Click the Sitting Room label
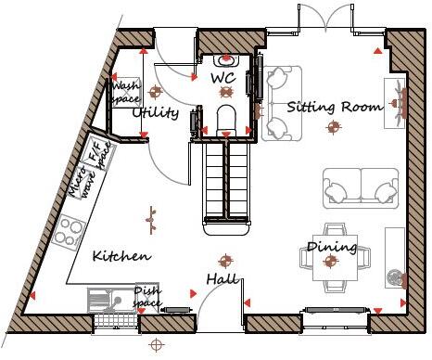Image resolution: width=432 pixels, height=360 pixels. [334, 107]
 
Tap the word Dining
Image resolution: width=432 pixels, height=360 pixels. [332, 247]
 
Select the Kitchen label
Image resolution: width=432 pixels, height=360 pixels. [121, 255]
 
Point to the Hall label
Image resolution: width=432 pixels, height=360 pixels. [222, 279]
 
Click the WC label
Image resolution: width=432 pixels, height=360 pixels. [223, 79]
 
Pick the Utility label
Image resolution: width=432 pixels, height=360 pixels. [155, 112]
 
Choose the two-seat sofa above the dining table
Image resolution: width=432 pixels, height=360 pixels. [360, 188]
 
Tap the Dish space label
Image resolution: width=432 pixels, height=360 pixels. [147, 297]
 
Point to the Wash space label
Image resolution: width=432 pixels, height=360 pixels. [125, 91]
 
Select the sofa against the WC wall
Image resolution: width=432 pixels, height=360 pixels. [277, 102]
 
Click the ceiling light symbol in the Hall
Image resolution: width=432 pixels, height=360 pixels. [222, 260]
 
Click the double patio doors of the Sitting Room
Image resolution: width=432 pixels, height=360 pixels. [325, 20]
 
